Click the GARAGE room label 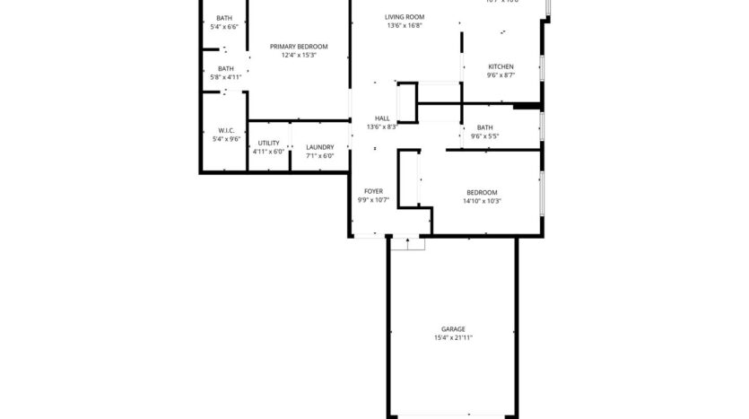(x=453, y=329)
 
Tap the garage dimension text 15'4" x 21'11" (x=453, y=338)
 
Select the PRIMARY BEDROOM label (x=299, y=47)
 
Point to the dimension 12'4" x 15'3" (x=299, y=56)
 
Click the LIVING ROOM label (x=405, y=17)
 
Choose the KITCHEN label (x=501, y=67)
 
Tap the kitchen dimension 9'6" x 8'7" (x=501, y=76)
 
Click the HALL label (x=382, y=118)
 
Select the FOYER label (x=374, y=191)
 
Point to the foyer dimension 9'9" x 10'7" (x=374, y=200)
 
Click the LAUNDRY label (x=319, y=147)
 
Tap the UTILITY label (x=268, y=144)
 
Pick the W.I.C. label (x=225, y=130)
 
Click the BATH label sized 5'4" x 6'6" (x=225, y=19)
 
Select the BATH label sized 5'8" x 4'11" (x=225, y=68)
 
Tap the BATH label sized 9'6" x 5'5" (x=485, y=127)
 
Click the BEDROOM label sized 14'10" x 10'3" (x=482, y=192)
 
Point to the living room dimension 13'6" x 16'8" (x=405, y=26)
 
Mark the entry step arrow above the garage (x=408, y=241)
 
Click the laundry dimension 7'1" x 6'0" (x=319, y=156)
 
